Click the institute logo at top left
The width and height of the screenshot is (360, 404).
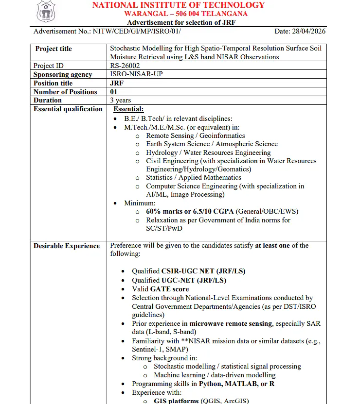(46, 12)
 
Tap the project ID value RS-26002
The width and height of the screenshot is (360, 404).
(125, 66)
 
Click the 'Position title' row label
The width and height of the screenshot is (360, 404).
(53, 83)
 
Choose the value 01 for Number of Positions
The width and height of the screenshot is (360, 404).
(114, 92)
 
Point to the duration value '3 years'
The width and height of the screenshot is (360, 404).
(121, 101)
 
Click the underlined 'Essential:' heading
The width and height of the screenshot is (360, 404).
(128, 109)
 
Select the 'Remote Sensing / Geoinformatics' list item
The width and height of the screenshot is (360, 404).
(195, 135)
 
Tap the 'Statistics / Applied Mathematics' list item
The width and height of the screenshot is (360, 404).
(194, 177)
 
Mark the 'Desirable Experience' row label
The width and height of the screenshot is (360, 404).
(67, 246)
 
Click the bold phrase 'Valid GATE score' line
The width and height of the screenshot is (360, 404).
(159, 289)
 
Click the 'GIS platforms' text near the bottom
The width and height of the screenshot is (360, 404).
(176, 401)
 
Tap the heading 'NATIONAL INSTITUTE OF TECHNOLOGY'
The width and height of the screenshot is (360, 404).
(179, 5)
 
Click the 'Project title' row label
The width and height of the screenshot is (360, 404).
(54, 49)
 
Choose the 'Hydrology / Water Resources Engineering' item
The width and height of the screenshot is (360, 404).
(208, 152)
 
